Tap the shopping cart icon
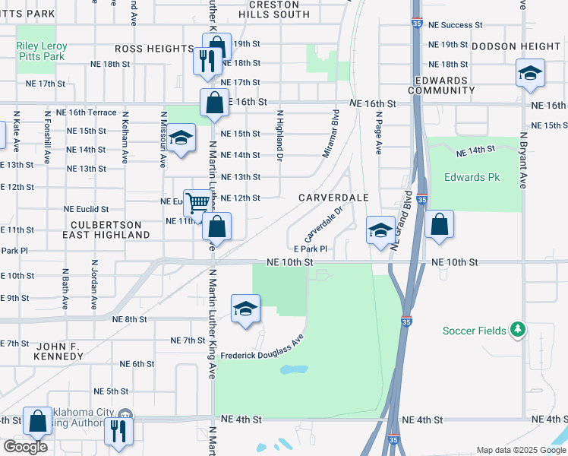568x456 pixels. coord(197,203)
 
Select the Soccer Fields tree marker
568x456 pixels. coord(517,329)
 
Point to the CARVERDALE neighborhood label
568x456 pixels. coord(333,198)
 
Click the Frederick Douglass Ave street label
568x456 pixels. coord(263,347)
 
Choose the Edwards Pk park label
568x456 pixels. coord(475,179)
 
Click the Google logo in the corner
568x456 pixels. coord(24,447)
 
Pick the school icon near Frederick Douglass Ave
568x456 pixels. coord(245,309)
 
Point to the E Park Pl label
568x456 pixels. coord(310,249)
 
